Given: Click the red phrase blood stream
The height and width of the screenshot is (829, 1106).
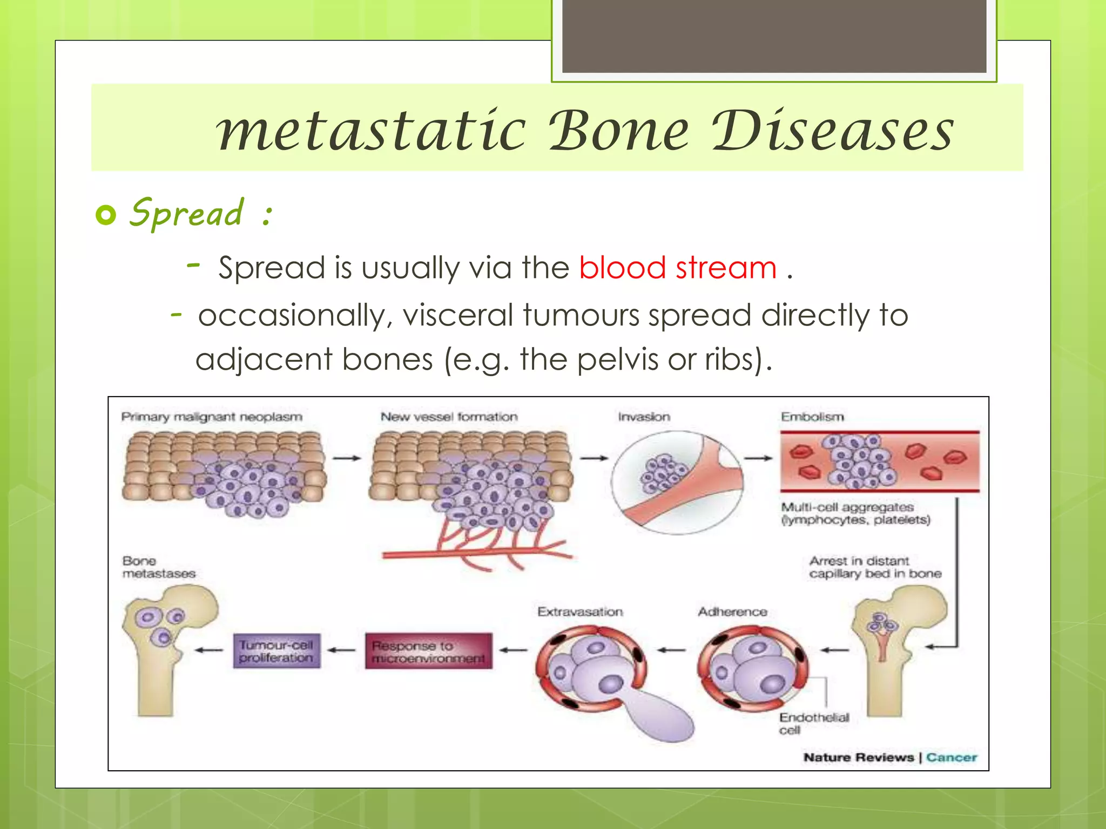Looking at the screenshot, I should coord(677,268).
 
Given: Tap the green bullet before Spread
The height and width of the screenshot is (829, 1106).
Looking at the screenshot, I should coord(106,215).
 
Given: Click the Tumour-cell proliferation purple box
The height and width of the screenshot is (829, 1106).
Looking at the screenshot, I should coord(276,651).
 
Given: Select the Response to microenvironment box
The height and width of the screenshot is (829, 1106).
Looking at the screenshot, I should coord(428,651).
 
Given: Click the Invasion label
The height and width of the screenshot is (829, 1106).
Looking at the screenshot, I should coord(644,417).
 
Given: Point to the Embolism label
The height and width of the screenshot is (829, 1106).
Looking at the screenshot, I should coord(812,417).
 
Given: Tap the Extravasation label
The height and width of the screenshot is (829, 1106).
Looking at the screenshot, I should coord(579,611).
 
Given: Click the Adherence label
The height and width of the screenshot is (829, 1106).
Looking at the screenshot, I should coord(732,611).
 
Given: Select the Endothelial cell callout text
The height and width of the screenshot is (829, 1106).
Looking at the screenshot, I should coord(813,723).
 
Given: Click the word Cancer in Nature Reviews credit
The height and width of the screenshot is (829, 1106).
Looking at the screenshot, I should coord(951,757).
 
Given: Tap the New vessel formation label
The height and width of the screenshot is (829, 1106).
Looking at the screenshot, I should coord(449,417).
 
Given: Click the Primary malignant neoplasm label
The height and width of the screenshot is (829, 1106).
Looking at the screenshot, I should coord(212,417).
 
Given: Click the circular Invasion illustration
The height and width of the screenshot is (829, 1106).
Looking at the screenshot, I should coord(677,482).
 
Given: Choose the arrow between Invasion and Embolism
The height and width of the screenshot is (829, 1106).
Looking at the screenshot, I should coord(758,458).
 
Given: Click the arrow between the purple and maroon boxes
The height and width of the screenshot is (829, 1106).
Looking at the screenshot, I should coord(342,650).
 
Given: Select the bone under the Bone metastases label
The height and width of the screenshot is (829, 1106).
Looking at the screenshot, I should coord(162,648).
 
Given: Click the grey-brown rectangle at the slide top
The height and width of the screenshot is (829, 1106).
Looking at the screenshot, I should coord(774,36).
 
